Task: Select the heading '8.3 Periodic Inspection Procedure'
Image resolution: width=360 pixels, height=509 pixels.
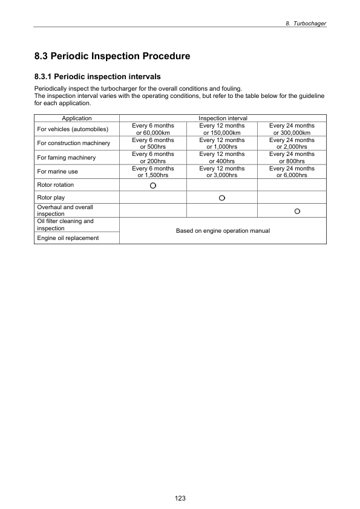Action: [x=112, y=56]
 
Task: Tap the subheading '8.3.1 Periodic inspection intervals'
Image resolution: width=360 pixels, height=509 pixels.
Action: [x=97, y=77]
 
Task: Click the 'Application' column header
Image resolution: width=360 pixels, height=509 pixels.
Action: [x=77, y=118]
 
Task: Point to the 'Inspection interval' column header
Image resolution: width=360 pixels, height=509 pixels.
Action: [x=223, y=118]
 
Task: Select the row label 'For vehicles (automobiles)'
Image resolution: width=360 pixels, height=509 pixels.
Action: [x=73, y=129]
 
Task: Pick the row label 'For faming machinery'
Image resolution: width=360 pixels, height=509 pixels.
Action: [x=67, y=158]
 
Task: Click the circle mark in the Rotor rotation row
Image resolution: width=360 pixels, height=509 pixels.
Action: [x=153, y=185]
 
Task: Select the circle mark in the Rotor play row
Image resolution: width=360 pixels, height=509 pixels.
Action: [x=222, y=198]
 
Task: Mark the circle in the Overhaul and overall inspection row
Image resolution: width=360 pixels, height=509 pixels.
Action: [x=297, y=211]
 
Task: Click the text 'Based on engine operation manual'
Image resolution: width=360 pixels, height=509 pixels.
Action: [x=223, y=231]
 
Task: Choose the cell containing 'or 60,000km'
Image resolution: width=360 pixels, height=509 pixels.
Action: [x=153, y=133]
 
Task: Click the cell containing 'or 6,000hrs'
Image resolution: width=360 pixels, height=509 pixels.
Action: [x=292, y=175]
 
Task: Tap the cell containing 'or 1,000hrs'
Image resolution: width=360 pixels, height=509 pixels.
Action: [x=222, y=147]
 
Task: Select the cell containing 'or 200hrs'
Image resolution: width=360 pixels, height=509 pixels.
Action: [x=153, y=161]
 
